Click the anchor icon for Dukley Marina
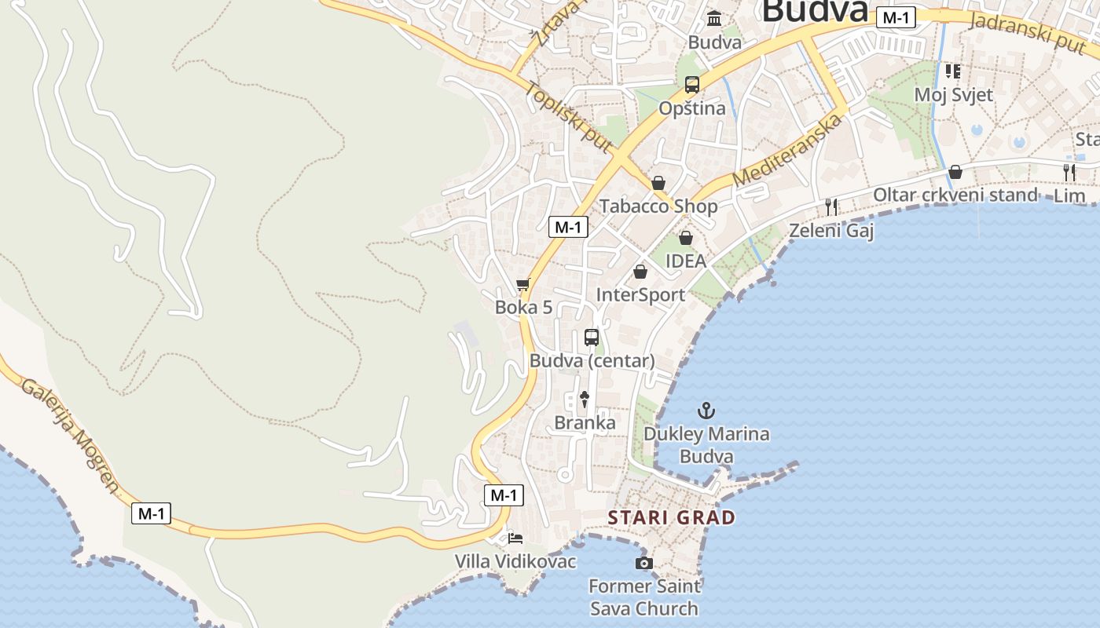pyautogui.click(x=706, y=410)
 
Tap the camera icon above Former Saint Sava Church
pyautogui.click(x=643, y=563)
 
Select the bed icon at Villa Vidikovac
pyautogui.click(x=515, y=539)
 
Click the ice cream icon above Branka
pyautogui.click(x=584, y=400)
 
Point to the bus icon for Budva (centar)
pyautogui.click(x=592, y=338)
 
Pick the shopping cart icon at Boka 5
pyautogui.click(x=523, y=284)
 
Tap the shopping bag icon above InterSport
pyautogui.click(x=640, y=272)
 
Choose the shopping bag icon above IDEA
pyautogui.click(x=686, y=237)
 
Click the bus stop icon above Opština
pyautogui.click(x=691, y=85)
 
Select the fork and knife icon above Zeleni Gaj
pyautogui.click(x=831, y=206)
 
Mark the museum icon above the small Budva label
pyautogui.click(x=714, y=18)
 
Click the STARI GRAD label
pyautogui.click(x=672, y=517)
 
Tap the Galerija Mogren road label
pyautogui.click(x=70, y=435)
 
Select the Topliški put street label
pyautogui.click(x=569, y=117)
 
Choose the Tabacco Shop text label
pyautogui.click(x=658, y=206)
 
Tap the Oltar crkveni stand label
pyautogui.click(x=955, y=195)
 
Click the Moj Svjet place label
pyautogui.click(x=953, y=95)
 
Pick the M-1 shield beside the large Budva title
pyautogui.click(x=896, y=17)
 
